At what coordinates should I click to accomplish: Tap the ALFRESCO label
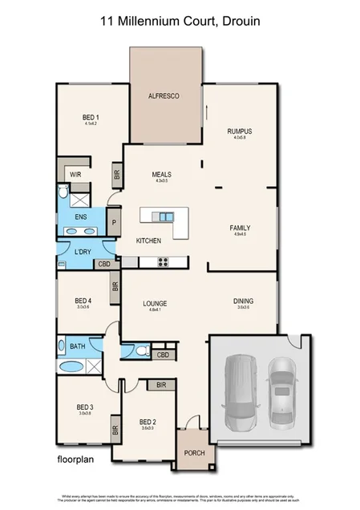tap(163, 96)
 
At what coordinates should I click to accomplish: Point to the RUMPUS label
tap(240, 131)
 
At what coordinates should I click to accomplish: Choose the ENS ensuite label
tap(80, 217)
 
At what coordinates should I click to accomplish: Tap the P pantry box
tap(114, 223)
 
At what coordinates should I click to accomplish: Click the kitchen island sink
tap(165, 217)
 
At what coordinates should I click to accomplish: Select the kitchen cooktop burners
tap(162, 261)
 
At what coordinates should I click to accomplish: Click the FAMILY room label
tap(241, 228)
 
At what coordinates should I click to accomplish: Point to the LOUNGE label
tap(154, 303)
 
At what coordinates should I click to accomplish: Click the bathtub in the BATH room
tap(72, 366)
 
